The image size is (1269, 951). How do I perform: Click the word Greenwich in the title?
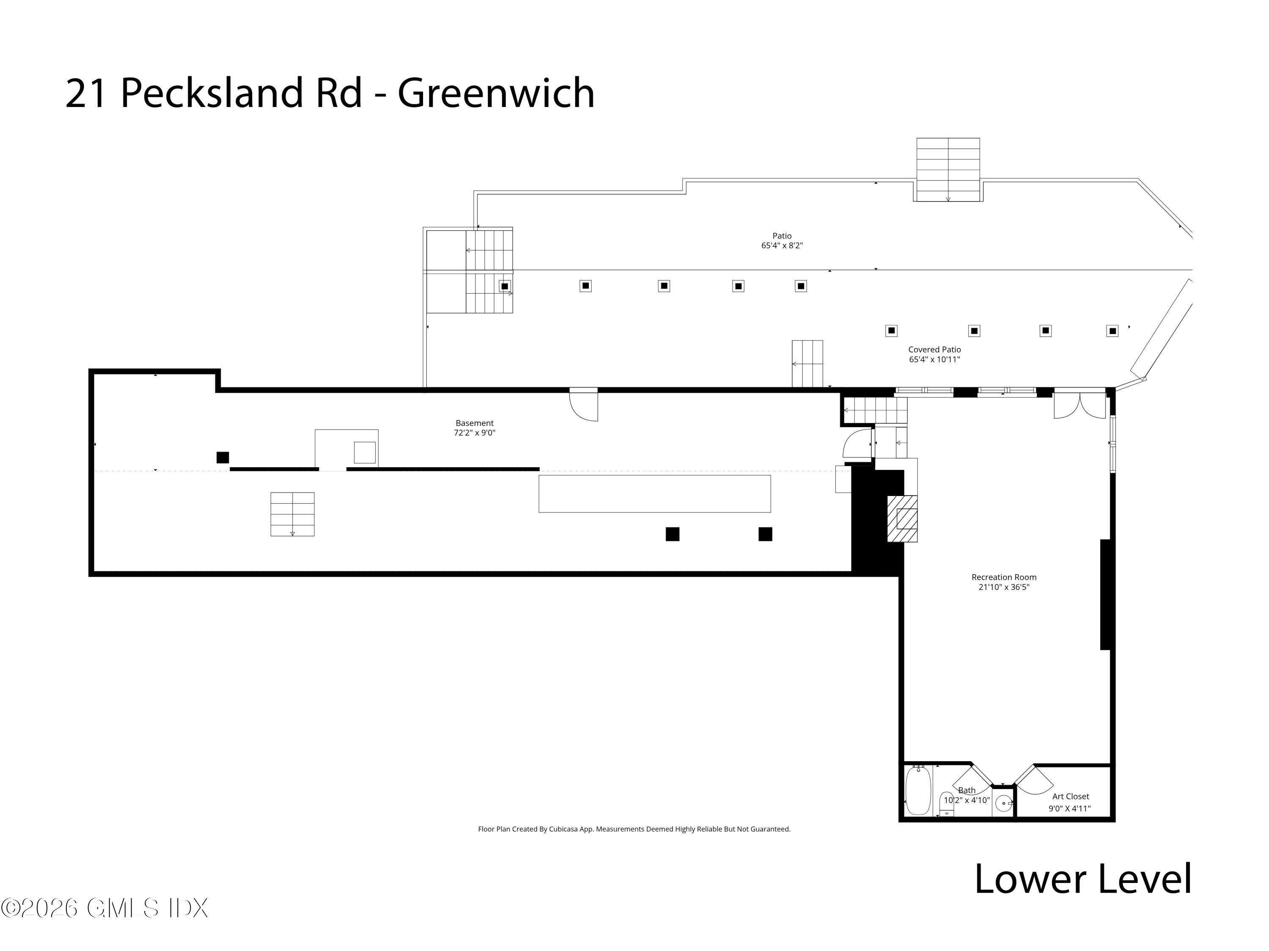pos(496,93)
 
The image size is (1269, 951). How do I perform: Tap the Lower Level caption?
pos(1082,879)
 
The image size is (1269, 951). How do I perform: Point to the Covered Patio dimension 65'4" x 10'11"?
pos(934,359)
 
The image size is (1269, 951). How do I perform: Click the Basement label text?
pos(475,423)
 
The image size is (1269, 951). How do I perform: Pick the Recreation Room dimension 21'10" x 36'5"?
pos(1004,587)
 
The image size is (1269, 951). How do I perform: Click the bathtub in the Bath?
pos(918,791)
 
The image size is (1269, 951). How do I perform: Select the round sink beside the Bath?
pos(1003,803)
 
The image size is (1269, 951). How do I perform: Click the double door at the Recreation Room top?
pos(1079,405)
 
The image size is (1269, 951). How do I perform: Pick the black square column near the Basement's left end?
pos(222,457)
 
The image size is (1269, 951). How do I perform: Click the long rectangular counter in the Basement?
pos(654,493)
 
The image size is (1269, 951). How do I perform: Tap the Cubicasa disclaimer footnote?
pos(634,829)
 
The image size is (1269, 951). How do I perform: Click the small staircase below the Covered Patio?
pos(807,364)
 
